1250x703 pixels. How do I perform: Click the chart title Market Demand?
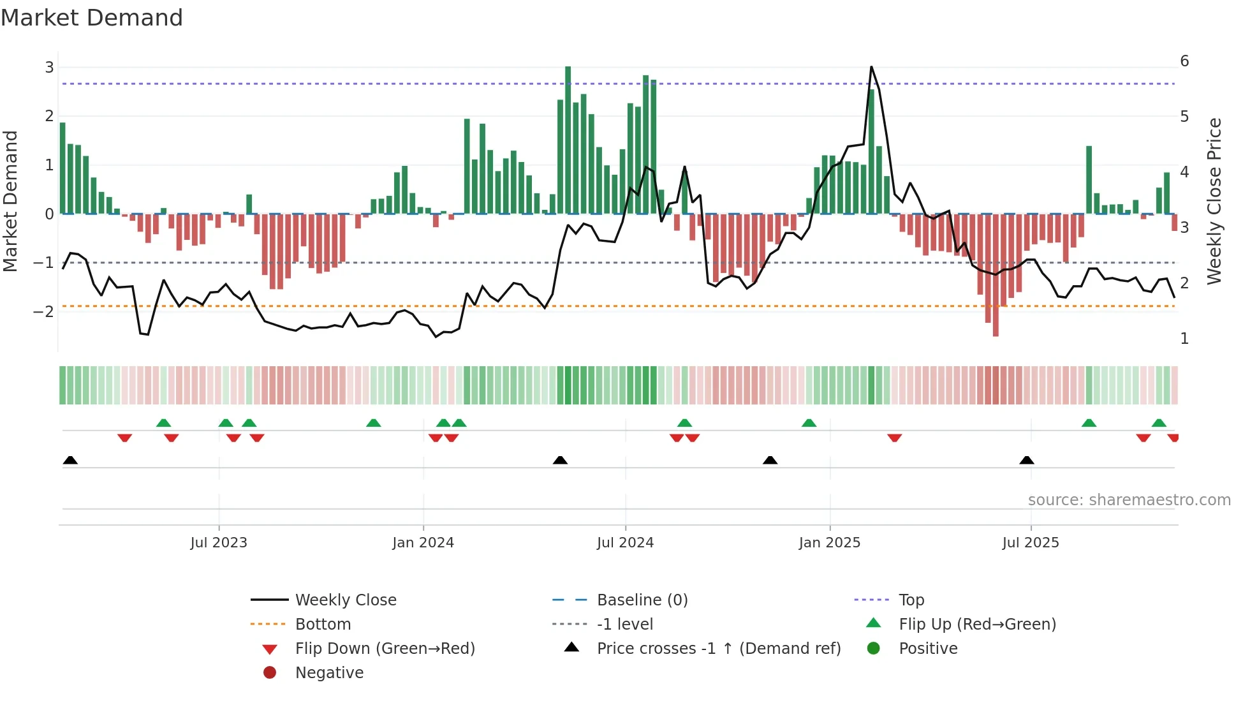pyautogui.click(x=92, y=18)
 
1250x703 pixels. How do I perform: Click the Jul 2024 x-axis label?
pyautogui.click(x=625, y=543)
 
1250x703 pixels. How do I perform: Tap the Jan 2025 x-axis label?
pyautogui.click(x=829, y=543)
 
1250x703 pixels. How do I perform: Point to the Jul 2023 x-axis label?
pyautogui.click(x=219, y=543)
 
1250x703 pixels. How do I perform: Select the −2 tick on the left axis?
pyautogui.click(x=43, y=312)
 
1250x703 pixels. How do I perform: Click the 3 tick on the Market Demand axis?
pyautogui.click(x=49, y=68)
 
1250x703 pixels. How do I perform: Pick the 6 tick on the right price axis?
pyautogui.click(x=1184, y=61)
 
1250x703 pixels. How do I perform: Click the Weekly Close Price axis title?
pyautogui.click(x=1214, y=201)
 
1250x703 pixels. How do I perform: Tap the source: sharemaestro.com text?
pyautogui.click(x=1129, y=500)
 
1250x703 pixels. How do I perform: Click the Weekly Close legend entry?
pyautogui.click(x=345, y=600)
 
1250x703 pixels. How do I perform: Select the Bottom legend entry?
pyautogui.click(x=323, y=625)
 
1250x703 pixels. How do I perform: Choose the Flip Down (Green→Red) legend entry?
pyautogui.click(x=385, y=649)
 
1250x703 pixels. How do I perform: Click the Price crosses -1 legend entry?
pyautogui.click(x=718, y=649)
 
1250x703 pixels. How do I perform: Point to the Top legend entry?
pyautogui.click(x=911, y=600)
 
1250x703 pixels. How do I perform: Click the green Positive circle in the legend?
pyautogui.click(x=874, y=649)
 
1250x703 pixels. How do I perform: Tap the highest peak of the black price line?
pyautogui.click(x=871, y=68)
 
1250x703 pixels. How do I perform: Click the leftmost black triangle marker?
pyautogui.click(x=70, y=461)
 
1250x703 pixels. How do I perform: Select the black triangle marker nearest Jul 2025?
pyautogui.click(x=1026, y=461)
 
